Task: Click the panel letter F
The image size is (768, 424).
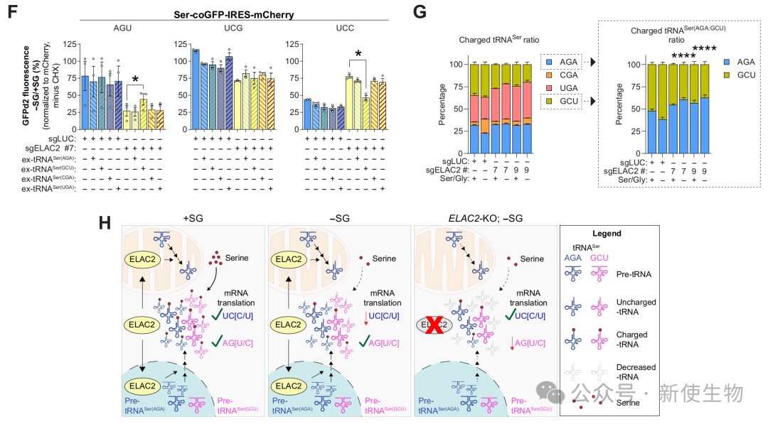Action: [x=12, y=13]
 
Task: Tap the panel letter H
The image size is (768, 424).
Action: [x=105, y=222]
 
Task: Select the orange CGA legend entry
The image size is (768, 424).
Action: [x=565, y=76]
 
